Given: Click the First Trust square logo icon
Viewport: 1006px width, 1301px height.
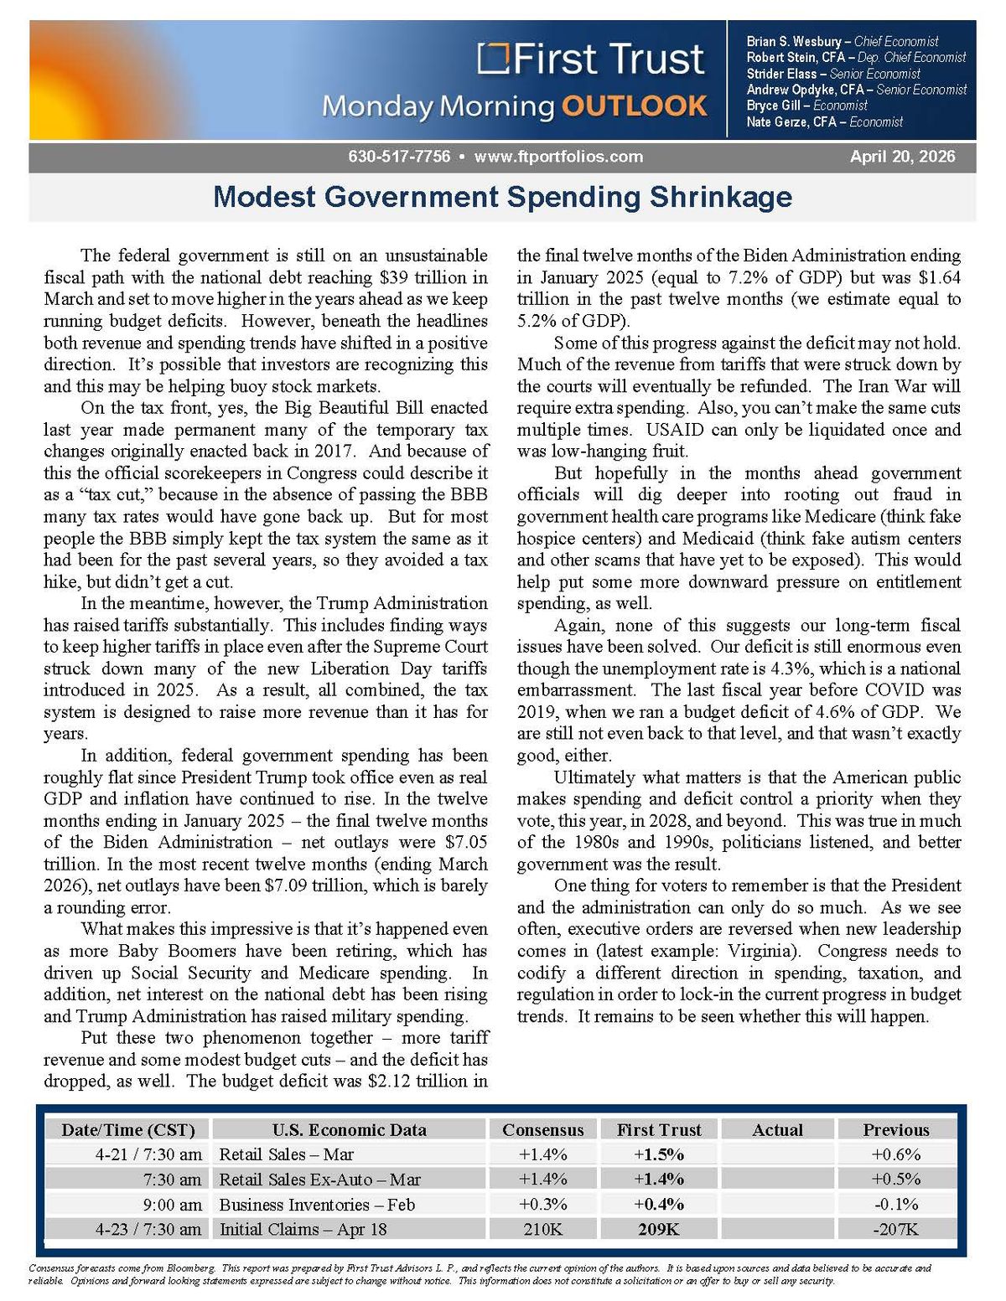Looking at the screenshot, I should pos(494,58).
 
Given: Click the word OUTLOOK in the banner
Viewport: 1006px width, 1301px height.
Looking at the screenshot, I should pos(634,106).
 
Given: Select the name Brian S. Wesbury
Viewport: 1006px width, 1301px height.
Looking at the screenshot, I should pos(793,41).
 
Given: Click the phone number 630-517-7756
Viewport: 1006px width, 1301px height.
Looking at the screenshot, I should pos(399,157).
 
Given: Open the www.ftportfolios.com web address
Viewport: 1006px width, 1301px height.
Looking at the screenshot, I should pos(558,157).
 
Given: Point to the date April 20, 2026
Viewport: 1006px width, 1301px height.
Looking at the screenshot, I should pos(902,157).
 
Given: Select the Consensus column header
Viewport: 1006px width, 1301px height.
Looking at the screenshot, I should pos(542,1129).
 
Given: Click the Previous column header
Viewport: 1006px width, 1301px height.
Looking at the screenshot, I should pos(895,1129).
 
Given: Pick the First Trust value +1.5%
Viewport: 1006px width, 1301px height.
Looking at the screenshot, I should pos(659,1154).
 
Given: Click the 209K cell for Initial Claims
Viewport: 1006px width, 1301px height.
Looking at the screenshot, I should pos(659,1229).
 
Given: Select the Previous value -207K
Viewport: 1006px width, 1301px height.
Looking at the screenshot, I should pos(895,1229).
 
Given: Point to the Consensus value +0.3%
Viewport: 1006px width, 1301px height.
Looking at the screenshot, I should pos(542,1205).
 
